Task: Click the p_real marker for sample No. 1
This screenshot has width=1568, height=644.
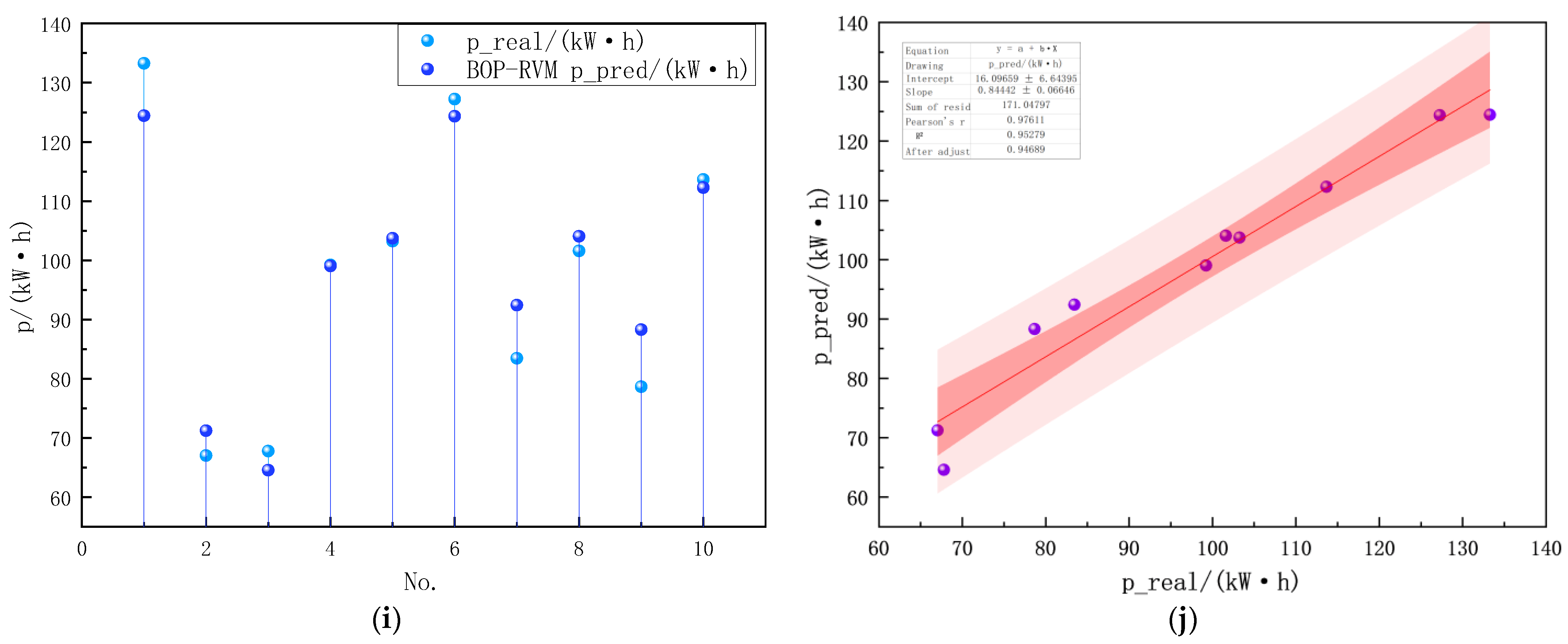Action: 144,63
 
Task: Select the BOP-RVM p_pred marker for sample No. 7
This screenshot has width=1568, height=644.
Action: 517,305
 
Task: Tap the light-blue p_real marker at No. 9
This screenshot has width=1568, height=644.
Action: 641,386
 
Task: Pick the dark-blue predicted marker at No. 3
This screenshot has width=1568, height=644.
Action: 268,470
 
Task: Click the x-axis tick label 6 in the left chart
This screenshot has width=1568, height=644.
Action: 454,549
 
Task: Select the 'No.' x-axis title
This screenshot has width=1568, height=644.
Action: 420,582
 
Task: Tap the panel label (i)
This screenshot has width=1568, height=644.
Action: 386,620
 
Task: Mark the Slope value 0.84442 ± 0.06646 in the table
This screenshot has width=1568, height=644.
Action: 1026,90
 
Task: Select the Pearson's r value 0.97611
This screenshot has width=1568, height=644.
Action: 1026,120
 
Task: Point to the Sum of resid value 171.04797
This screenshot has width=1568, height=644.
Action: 1026,105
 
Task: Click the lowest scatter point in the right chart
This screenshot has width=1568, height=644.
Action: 944,469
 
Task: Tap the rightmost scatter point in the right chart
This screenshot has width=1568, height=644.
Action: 1489,114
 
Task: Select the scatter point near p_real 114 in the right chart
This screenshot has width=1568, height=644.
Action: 1326,186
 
